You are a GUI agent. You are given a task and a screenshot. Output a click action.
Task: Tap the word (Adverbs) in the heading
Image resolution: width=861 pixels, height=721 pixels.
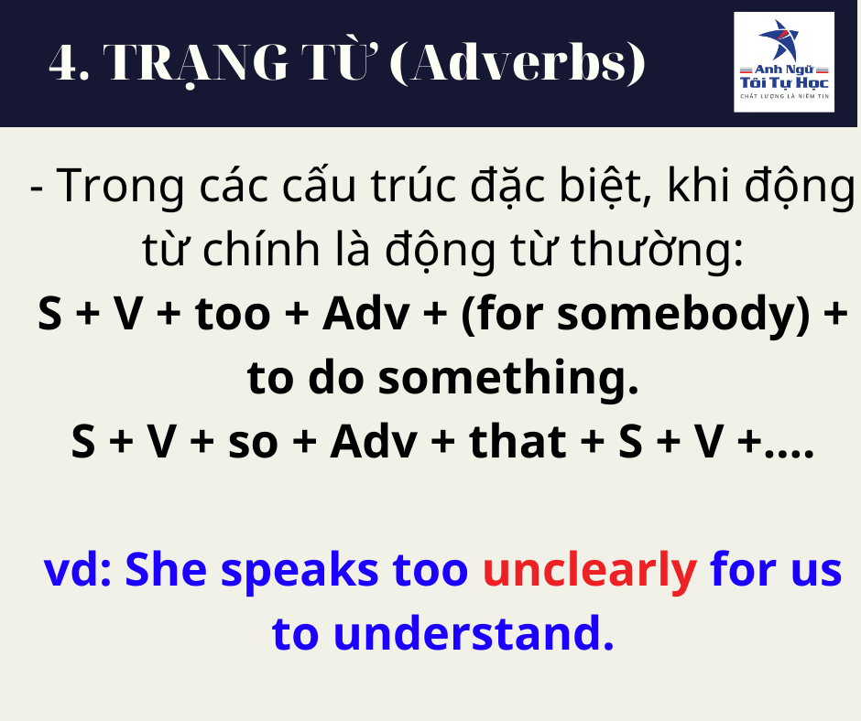click(x=518, y=63)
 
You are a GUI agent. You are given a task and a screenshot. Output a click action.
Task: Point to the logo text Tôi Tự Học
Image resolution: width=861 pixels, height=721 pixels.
click(x=784, y=82)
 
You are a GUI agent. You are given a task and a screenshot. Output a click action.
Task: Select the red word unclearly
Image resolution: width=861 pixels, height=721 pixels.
click(x=590, y=571)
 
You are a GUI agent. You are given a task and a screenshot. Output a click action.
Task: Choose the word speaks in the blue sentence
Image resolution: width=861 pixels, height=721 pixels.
click(x=300, y=571)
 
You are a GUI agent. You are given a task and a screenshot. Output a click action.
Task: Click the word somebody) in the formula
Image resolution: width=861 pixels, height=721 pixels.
click(x=684, y=315)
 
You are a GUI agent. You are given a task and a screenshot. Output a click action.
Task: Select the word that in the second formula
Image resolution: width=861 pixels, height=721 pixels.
click(x=518, y=442)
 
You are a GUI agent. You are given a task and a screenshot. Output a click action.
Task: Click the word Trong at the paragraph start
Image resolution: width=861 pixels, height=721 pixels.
click(x=120, y=187)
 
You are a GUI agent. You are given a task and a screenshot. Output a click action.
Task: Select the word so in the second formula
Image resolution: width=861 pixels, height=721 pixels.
click(x=253, y=442)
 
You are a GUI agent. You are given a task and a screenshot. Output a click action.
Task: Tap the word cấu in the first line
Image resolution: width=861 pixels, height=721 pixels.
click(x=319, y=186)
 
